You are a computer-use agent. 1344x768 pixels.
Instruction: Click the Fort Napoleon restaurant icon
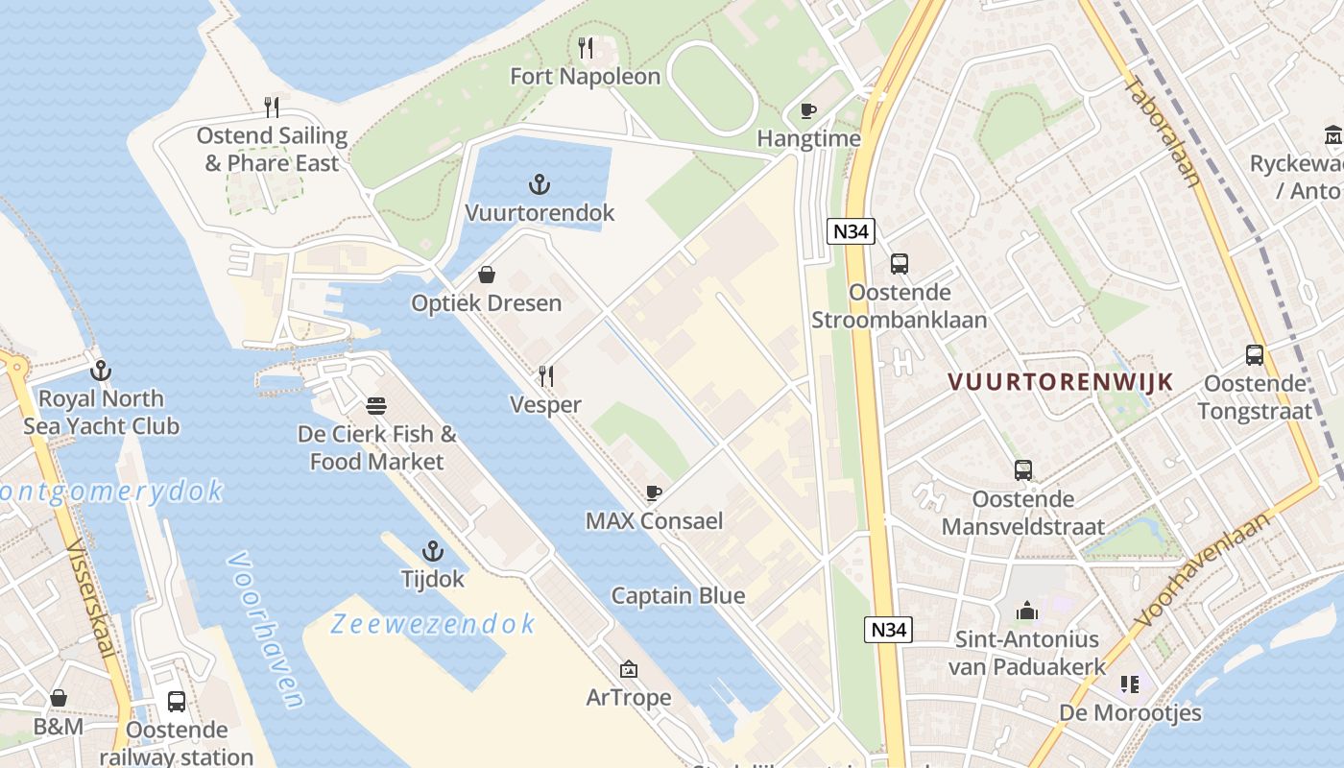586,47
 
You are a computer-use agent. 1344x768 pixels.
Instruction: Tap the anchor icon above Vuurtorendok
540,184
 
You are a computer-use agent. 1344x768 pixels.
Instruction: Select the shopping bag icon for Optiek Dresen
487,276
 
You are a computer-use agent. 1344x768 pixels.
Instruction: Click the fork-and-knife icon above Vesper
545,375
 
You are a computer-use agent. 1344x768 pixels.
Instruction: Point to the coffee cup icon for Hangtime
808,110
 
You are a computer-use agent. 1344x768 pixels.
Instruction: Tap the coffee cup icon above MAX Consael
654,493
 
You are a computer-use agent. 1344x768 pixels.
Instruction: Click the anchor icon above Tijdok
433,551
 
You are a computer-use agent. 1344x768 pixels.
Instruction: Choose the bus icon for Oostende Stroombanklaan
900,264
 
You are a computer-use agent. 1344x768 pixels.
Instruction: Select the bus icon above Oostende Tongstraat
1255,355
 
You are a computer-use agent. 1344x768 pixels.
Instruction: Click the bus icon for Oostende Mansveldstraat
1023,470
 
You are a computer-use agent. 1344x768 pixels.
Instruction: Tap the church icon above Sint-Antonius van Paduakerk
1027,611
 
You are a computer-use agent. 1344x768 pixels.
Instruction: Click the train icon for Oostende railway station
177,702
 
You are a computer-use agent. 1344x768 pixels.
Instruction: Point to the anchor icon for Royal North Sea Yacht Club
101,371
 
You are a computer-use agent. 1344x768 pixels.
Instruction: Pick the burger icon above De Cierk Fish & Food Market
376,405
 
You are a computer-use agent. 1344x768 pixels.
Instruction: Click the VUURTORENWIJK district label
1060,382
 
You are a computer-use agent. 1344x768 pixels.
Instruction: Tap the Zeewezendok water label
433,624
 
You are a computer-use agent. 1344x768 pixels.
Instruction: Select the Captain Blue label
678,596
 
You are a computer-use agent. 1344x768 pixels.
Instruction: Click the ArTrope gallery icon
629,669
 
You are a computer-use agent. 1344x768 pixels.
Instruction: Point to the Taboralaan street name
1163,132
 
